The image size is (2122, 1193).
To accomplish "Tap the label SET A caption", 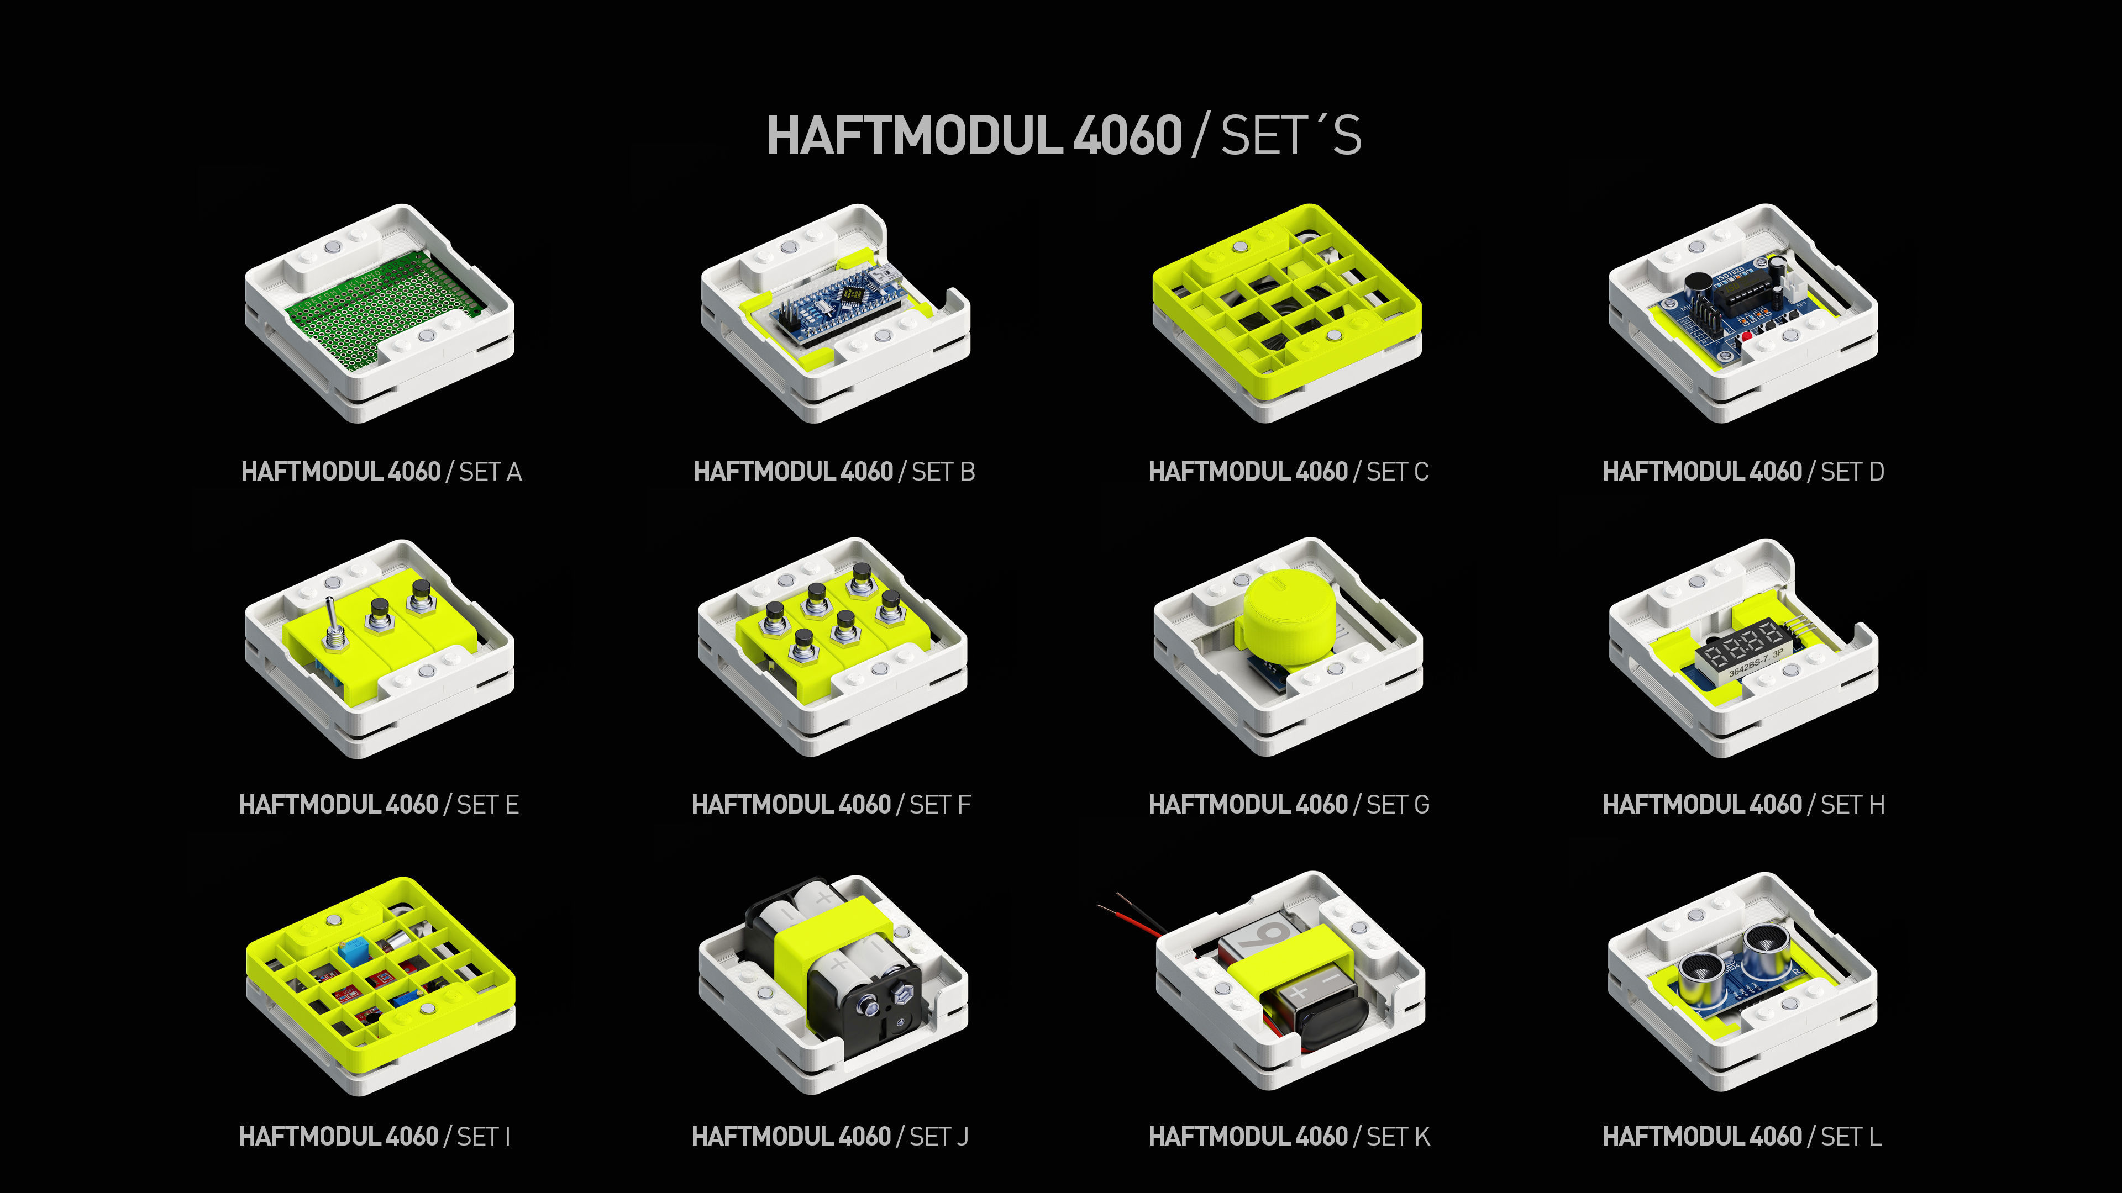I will click(381, 472).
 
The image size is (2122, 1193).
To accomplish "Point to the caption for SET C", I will click(1288, 472).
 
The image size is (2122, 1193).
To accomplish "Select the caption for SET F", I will click(831, 804).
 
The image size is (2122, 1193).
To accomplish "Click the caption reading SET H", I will click(1743, 804).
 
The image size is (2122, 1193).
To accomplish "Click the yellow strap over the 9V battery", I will click(1289, 959).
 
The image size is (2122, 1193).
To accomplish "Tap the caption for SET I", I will click(375, 1137).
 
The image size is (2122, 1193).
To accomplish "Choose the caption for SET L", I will click(1742, 1137).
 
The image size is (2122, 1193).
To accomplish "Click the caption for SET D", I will click(1743, 472).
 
